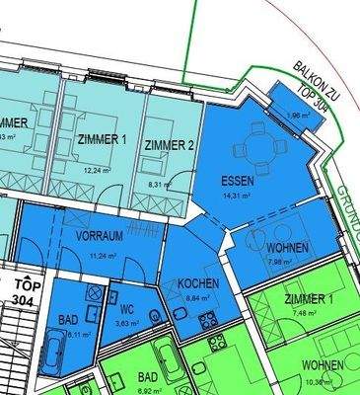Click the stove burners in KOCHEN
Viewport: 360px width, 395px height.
coord(208,318)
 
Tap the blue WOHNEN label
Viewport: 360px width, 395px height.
coord(287,247)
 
